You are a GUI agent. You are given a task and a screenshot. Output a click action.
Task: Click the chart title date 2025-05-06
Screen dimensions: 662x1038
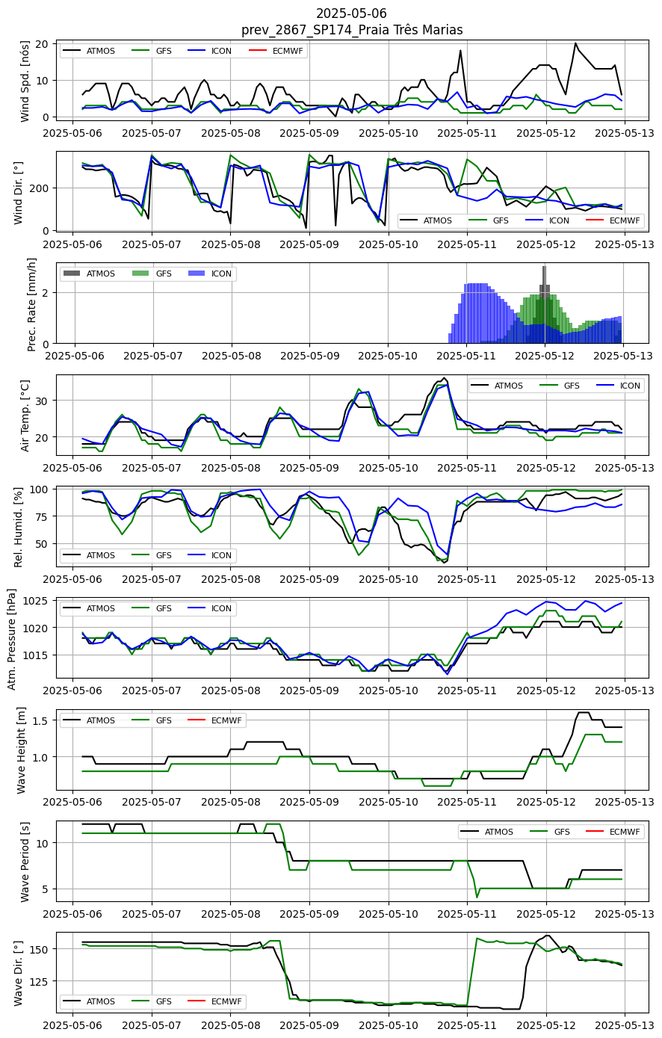point(351,13)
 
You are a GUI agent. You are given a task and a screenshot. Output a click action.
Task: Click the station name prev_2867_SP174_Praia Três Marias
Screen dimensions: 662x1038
point(352,30)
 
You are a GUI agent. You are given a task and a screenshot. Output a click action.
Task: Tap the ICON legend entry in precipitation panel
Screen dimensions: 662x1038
point(210,274)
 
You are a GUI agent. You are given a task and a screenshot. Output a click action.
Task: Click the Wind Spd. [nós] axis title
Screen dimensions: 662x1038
point(25,81)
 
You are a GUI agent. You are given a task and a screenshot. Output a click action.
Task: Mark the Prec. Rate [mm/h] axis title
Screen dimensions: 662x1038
point(31,304)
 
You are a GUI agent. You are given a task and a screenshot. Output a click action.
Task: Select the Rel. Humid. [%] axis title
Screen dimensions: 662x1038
point(18,527)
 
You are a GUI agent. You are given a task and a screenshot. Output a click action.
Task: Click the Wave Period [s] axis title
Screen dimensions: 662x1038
point(25,862)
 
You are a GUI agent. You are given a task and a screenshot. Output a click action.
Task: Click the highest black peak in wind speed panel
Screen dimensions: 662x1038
point(575,43)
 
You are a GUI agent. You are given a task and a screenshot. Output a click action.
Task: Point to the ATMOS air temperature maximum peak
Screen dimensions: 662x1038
point(444,378)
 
